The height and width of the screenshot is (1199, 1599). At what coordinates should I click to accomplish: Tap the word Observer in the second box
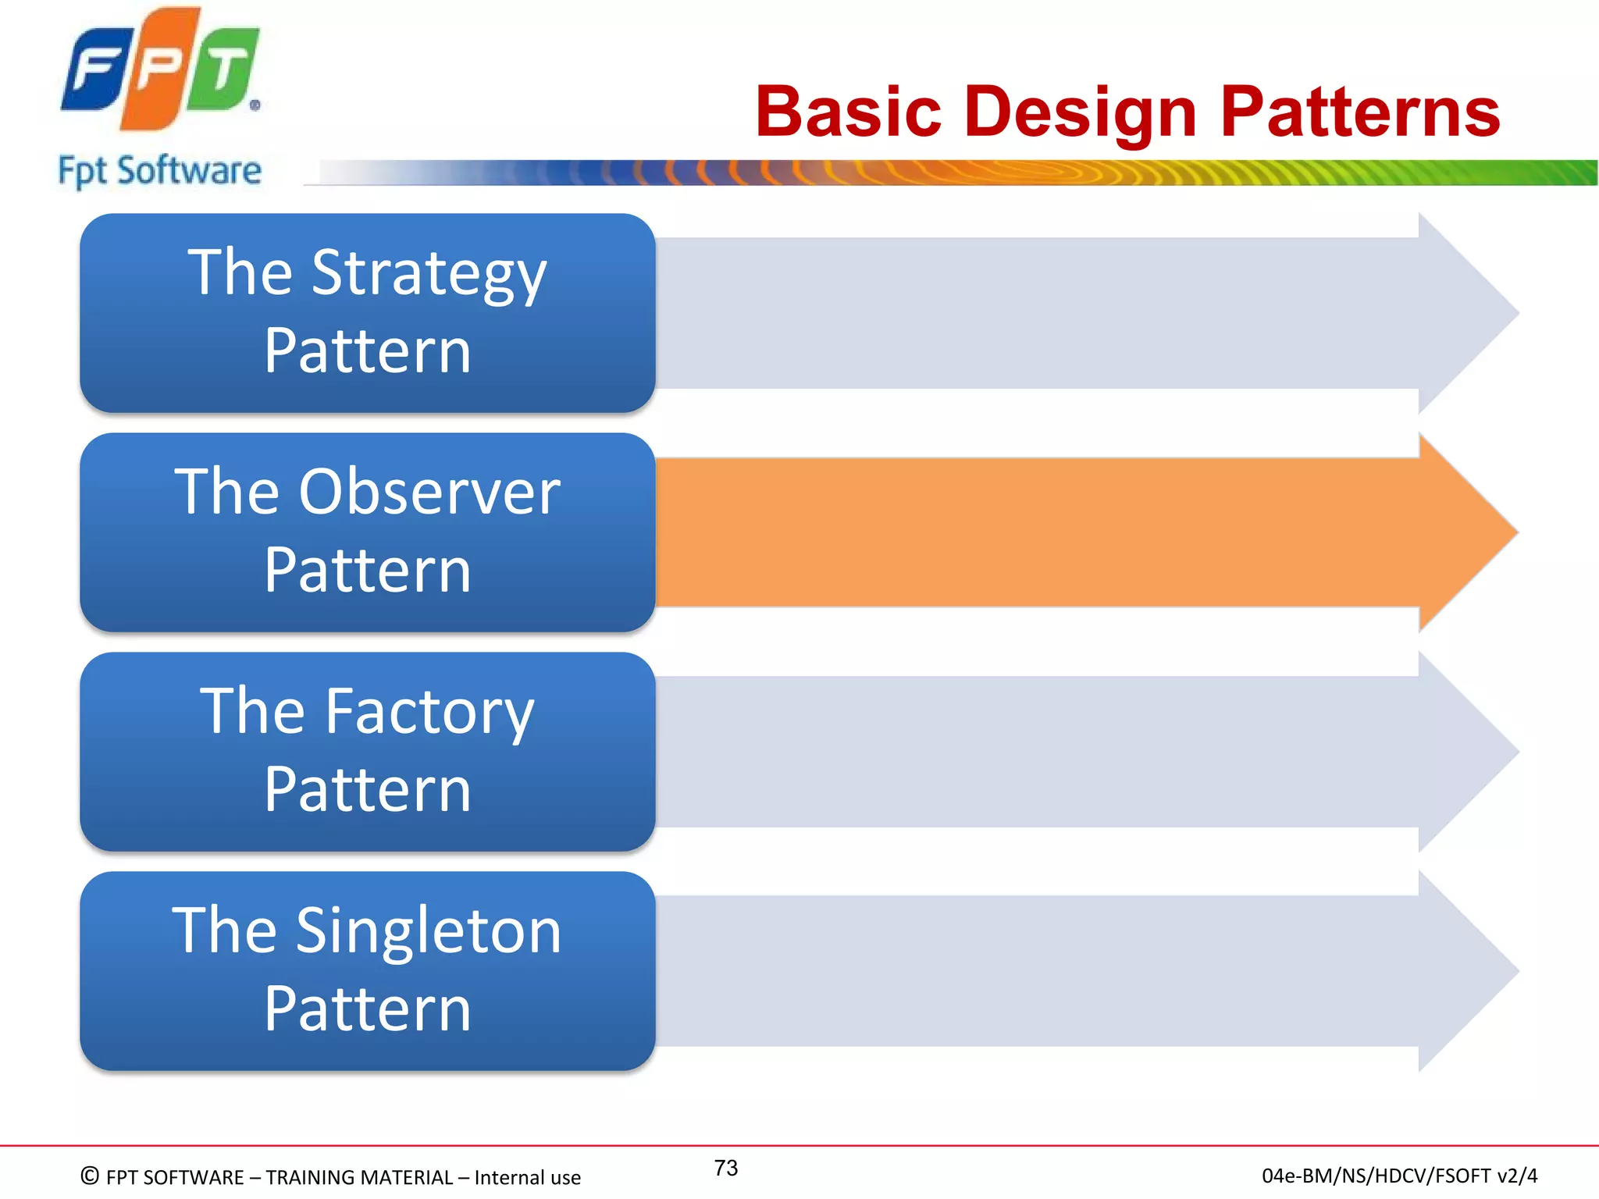429,493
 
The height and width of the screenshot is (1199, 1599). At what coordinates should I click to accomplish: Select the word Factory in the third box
429,712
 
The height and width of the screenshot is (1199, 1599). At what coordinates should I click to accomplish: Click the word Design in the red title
1081,112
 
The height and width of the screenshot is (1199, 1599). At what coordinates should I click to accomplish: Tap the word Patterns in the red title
1359,112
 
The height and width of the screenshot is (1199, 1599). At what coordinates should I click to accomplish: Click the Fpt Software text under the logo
160,171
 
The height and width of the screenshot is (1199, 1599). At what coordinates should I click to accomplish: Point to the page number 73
725,1168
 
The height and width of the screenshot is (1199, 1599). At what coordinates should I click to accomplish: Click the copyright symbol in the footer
90,1176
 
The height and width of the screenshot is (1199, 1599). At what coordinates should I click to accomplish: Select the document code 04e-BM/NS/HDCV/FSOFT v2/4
1399,1176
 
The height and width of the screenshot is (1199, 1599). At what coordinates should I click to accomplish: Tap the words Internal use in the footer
527,1177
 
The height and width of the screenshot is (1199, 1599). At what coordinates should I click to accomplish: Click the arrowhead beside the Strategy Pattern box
1464,313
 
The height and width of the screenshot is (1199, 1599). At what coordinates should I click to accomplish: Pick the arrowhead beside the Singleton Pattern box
1464,971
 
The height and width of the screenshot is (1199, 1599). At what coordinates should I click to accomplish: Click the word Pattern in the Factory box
367,790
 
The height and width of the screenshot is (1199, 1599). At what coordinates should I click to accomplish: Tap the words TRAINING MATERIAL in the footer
359,1177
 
